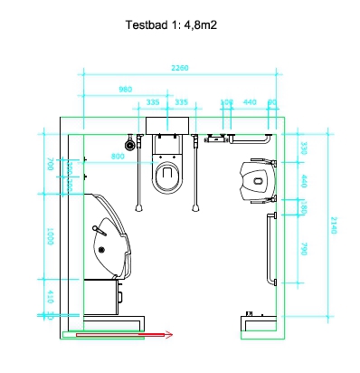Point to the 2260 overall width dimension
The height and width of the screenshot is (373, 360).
click(181, 68)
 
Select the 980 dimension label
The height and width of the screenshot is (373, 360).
click(126, 89)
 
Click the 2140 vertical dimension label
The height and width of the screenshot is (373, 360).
click(333, 225)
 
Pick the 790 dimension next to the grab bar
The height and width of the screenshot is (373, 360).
click(305, 249)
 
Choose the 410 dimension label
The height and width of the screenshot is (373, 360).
click(51, 295)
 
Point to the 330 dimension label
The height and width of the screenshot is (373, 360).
click(305, 148)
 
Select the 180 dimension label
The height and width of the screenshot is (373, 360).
click(305, 210)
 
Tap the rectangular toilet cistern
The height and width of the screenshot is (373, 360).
click(167, 124)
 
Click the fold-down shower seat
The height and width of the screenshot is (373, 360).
click(259, 179)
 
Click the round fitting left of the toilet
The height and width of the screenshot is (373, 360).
click(131, 143)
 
